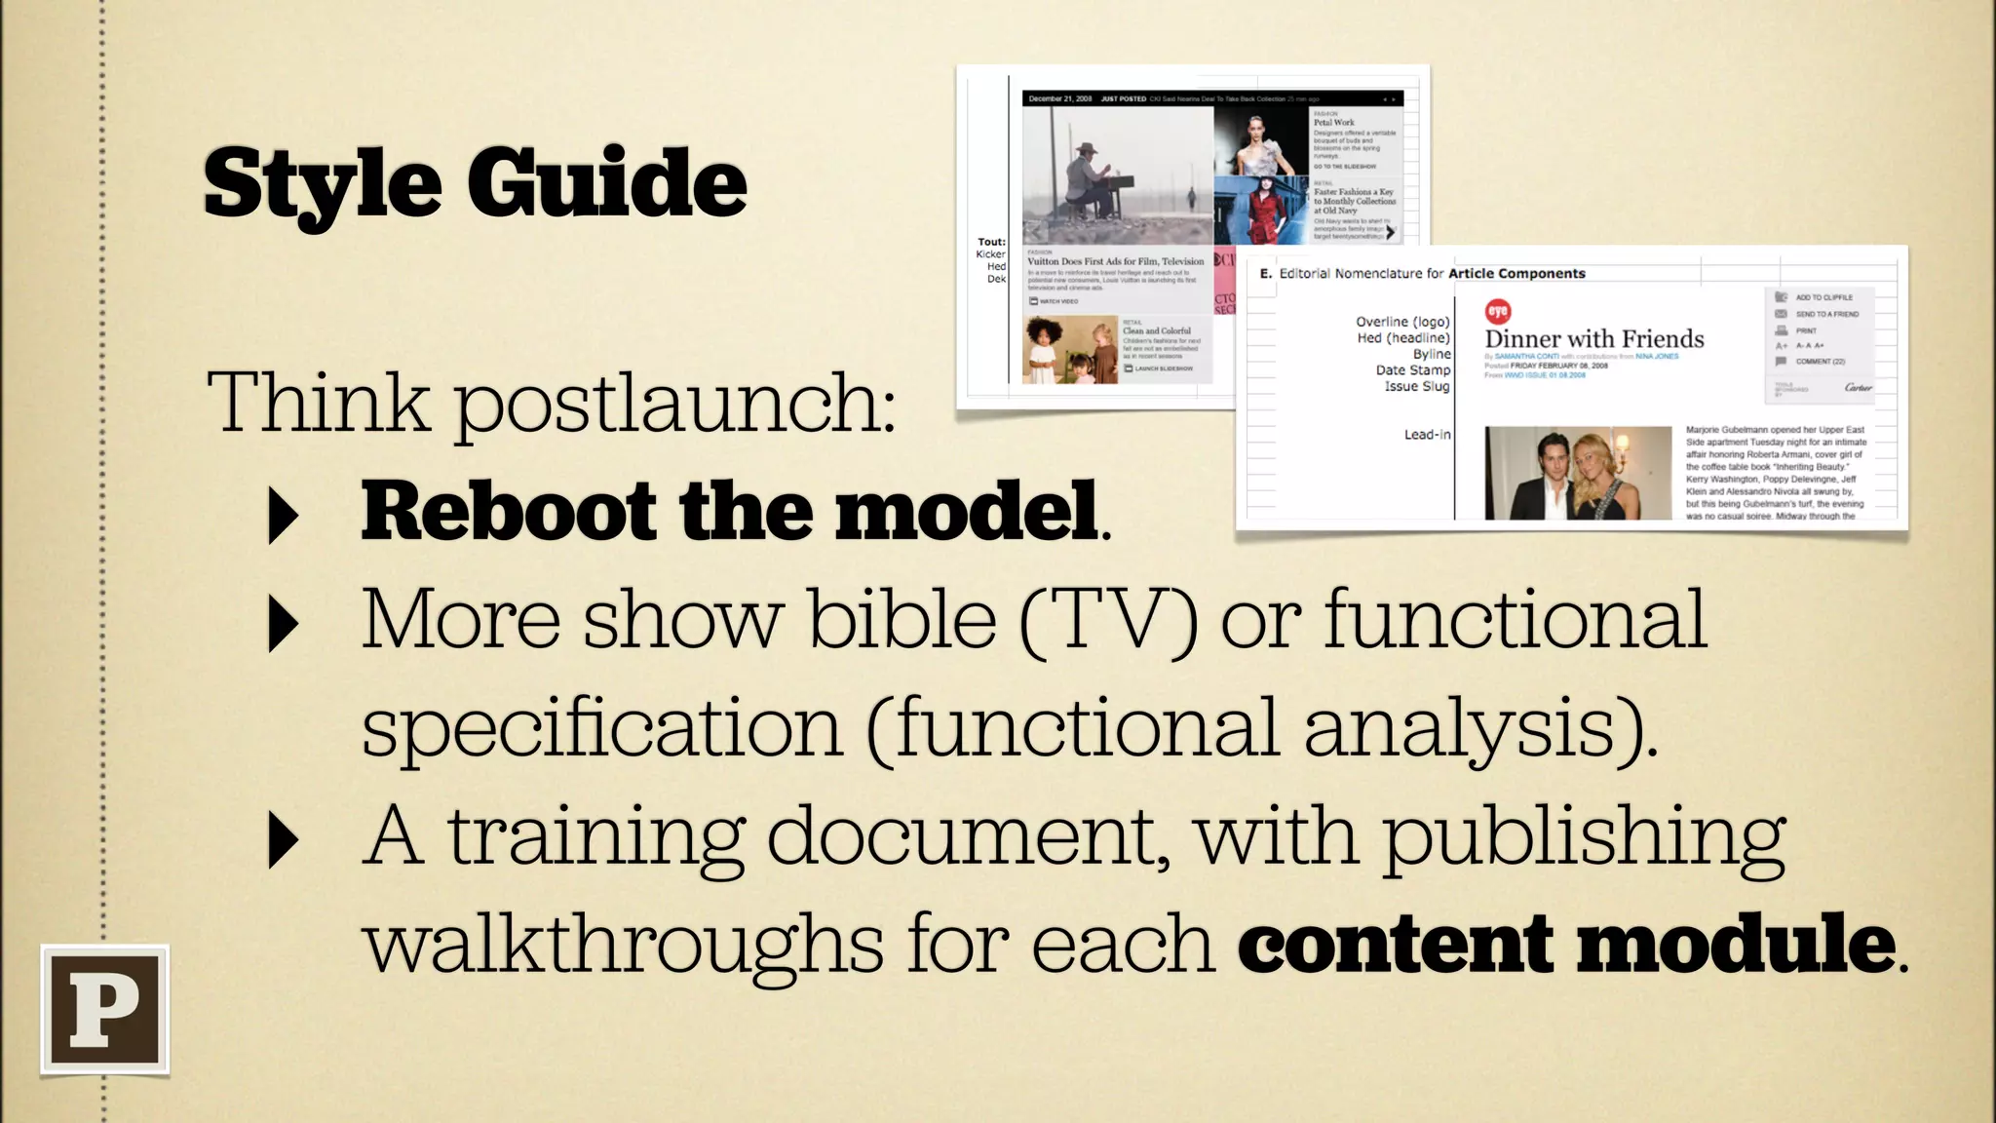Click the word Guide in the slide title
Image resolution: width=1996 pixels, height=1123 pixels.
click(606, 182)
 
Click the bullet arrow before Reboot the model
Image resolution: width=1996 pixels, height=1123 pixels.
click(283, 517)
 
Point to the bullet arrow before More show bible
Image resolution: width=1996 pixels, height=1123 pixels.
click(283, 625)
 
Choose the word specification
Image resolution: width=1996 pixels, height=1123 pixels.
click(601, 728)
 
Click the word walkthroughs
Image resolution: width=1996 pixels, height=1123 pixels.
click(623, 943)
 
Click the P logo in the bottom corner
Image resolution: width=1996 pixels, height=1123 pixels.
click(105, 1009)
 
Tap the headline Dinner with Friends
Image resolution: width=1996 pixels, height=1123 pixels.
click(1593, 339)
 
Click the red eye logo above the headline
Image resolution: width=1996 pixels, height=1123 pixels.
click(1497, 311)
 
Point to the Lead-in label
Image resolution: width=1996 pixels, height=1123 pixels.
click(1427, 435)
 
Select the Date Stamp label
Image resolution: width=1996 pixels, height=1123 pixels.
click(1412, 370)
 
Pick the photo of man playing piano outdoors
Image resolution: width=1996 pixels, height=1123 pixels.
click(1117, 175)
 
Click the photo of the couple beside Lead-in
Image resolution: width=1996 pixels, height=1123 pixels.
click(1577, 473)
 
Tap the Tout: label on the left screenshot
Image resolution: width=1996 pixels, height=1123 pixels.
click(991, 242)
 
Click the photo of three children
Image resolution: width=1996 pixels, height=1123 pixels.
click(1069, 350)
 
